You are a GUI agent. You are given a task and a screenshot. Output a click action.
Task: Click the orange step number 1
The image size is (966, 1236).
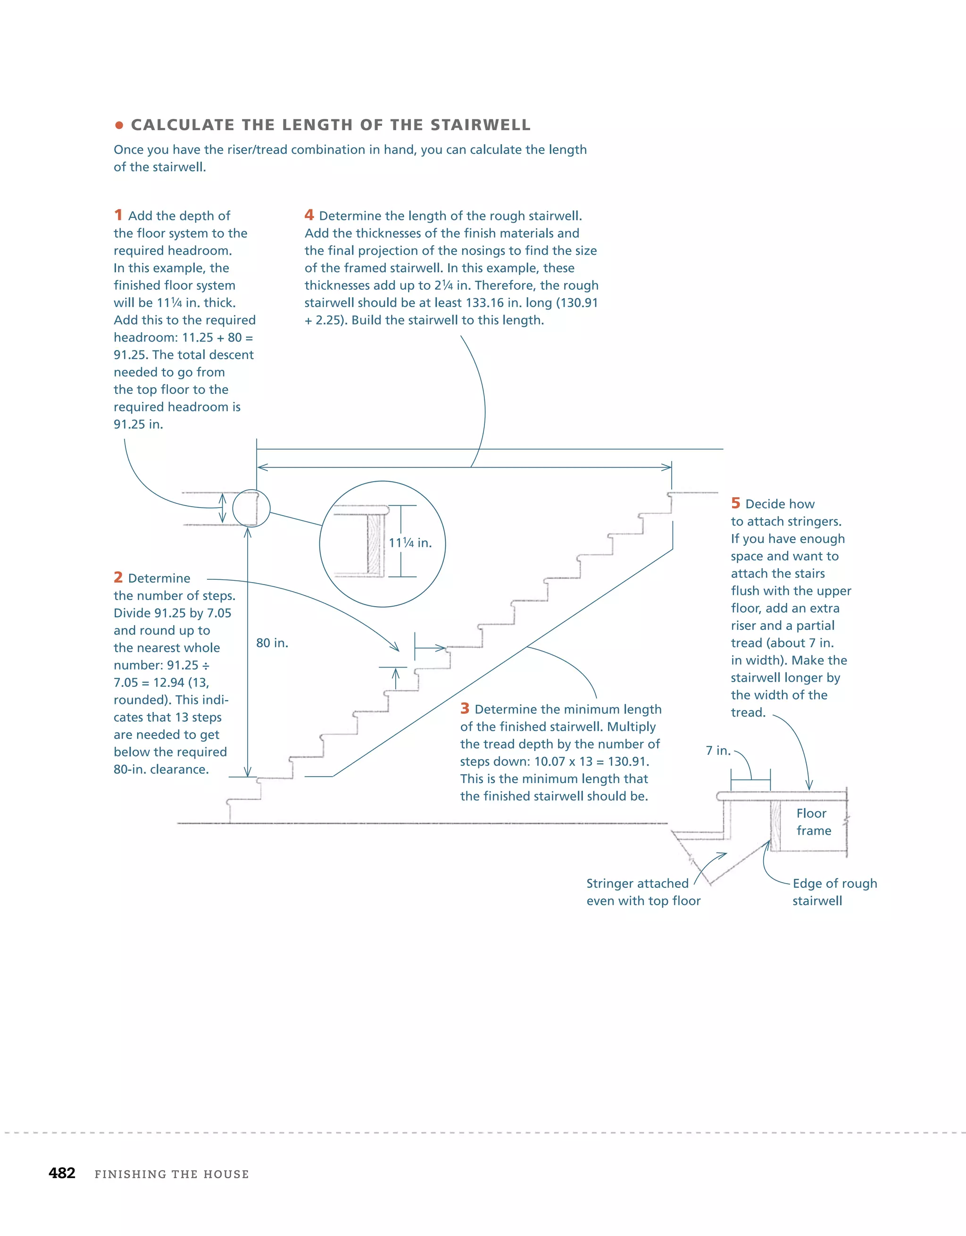click(118, 215)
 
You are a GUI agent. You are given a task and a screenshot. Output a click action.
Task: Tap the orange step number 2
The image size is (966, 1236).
click(118, 577)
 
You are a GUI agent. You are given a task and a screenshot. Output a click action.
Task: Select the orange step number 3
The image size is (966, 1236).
click(465, 709)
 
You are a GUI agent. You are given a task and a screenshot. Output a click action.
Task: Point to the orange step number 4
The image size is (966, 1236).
click(309, 215)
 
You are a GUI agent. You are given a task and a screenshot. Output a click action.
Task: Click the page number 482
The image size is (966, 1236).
click(62, 1173)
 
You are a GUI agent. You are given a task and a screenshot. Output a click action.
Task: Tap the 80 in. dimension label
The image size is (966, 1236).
click(272, 643)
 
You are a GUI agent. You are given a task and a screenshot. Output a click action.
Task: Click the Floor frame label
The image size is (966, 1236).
click(813, 822)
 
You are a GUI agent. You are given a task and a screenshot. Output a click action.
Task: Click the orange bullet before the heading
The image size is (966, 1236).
click(119, 125)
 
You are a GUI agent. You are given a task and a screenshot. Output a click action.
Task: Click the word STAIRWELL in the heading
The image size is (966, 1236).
click(481, 125)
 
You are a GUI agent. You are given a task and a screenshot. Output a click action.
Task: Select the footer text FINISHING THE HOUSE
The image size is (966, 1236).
click(172, 1174)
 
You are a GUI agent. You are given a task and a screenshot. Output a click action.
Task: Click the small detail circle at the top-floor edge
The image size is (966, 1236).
click(251, 508)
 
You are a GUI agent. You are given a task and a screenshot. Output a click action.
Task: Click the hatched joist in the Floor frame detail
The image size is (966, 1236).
click(775, 826)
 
